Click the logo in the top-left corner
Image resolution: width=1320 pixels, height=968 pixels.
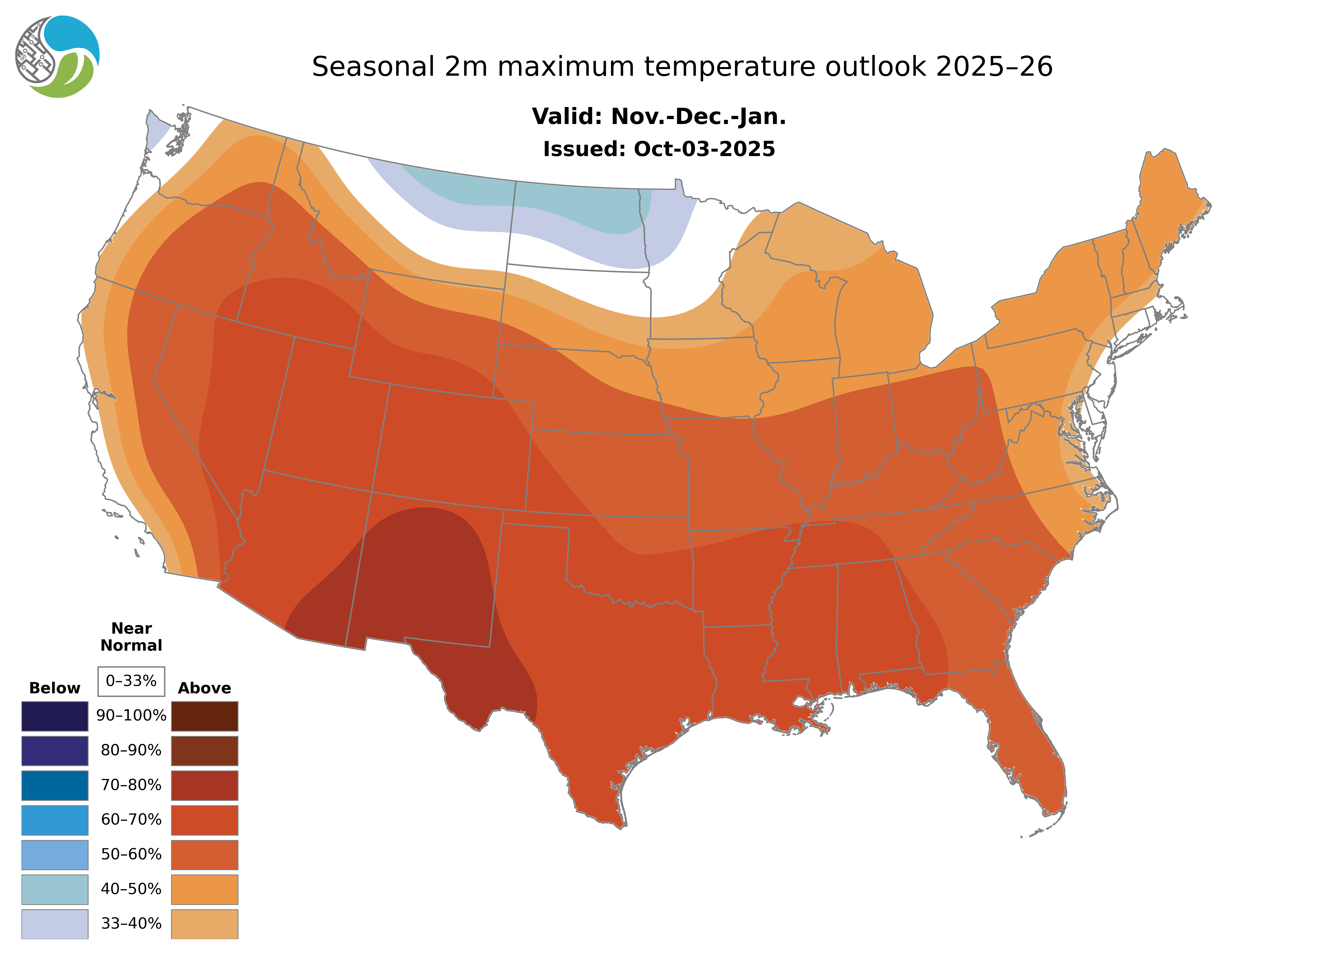click(57, 57)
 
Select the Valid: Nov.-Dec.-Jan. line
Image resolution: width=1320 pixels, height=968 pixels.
click(659, 117)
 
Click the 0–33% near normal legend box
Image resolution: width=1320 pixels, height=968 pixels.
click(131, 681)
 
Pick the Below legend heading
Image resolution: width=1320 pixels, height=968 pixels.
click(54, 688)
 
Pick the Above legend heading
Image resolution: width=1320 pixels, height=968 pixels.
click(204, 688)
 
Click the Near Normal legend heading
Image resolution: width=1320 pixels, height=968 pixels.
click(131, 637)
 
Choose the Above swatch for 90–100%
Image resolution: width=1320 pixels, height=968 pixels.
click(204, 716)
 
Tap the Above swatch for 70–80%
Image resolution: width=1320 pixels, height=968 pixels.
click(204, 785)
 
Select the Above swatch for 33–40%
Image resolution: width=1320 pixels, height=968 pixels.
click(204, 923)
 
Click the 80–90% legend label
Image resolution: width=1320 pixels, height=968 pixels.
click(131, 751)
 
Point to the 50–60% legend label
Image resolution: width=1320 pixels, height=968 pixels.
click(131, 854)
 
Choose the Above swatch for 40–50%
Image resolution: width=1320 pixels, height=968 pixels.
click(204, 889)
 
